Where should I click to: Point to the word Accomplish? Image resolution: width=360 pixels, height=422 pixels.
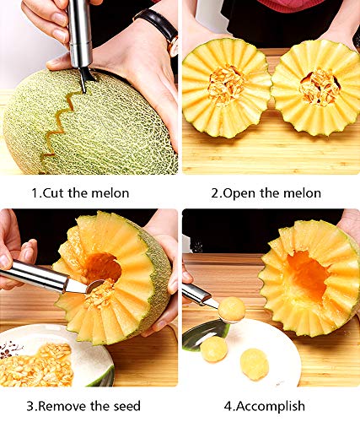[271, 406]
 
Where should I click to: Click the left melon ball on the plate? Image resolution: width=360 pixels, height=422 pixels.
[213, 349]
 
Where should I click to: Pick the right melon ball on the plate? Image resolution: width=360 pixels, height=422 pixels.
[254, 364]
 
